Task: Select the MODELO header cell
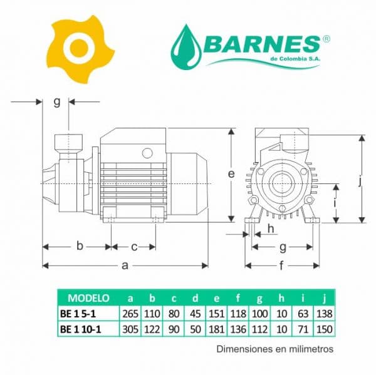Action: pos(88,298)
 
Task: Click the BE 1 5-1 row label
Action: pos(78,314)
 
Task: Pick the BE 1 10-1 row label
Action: pos(81,329)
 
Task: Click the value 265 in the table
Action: pos(130,314)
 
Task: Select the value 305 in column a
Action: pos(130,329)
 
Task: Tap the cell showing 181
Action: pos(217,329)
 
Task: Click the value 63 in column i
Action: pos(303,314)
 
